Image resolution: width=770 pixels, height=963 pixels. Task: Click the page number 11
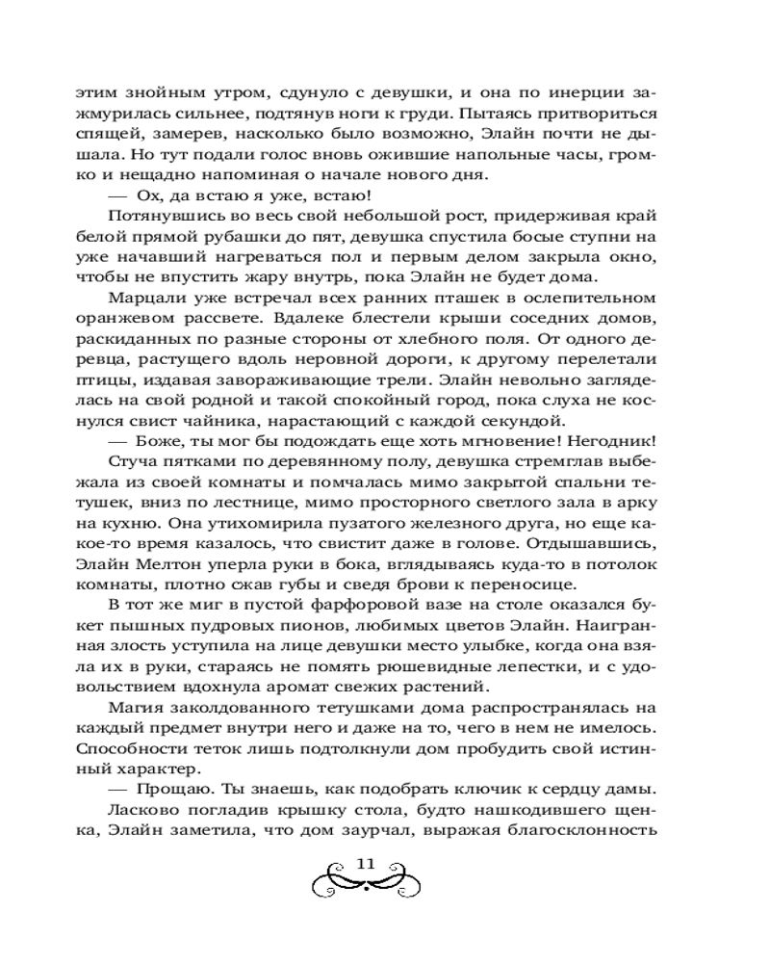[x=365, y=863]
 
